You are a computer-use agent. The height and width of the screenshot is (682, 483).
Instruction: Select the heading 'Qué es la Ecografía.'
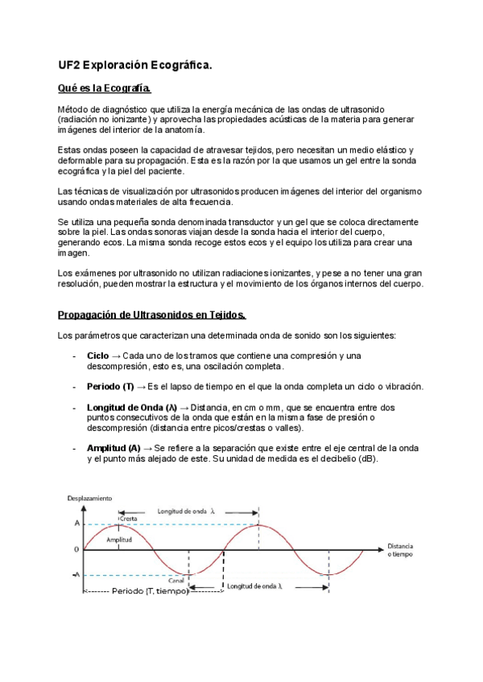[x=104, y=88]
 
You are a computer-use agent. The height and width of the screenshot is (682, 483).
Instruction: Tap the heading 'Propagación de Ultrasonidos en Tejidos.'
[x=152, y=314]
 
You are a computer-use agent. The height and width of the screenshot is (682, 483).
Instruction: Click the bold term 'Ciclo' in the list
[x=98, y=355]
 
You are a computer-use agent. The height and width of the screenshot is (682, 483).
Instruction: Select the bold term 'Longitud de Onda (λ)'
[x=131, y=408]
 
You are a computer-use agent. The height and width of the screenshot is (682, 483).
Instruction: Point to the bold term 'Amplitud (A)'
[x=114, y=447]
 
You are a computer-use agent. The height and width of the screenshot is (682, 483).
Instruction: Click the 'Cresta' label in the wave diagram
[x=127, y=520]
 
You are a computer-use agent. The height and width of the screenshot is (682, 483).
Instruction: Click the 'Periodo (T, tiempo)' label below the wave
[x=150, y=591]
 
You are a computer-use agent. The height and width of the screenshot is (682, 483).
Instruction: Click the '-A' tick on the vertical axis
[x=75, y=574]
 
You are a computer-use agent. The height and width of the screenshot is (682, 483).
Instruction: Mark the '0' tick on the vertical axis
[x=76, y=550]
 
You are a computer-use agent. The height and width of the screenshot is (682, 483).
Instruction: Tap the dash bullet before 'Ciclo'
[x=74, y=355]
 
